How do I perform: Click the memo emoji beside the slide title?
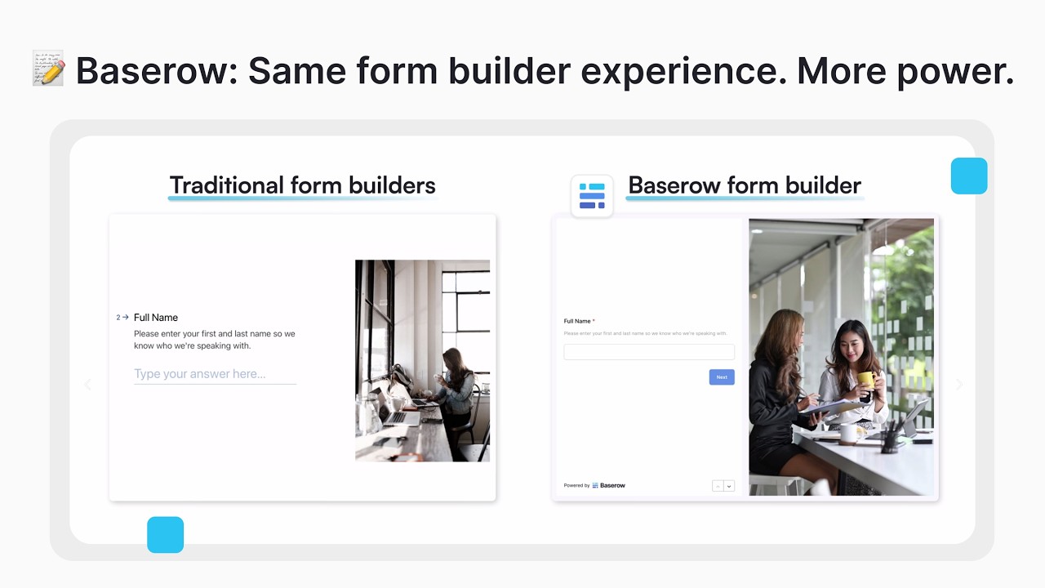pyautogui.click(x=48, y=69)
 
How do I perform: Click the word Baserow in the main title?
pyautogui.click(x=150, y=71)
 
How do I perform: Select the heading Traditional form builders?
pyautogui.click(x=302, y=185)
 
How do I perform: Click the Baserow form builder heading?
pyautogui.click(x=744, y=185)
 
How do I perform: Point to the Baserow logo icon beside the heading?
pyautogui.click(x=592, y=196)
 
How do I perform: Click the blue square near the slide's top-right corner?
pyautogui.click(x=969, y=176)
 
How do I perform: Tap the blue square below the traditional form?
pyautogui.click(x=165, y=535)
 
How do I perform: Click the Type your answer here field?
pyautogui.click(x=215, y=374)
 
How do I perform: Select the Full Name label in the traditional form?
pyautogui.click(x=156, y=318)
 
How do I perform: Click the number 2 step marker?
pyautogui.click(x=118, y=318)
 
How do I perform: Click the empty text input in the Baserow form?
pyautogui.click(x=649, y=352)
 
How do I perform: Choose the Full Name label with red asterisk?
pyautogui.click(x=579, y=321)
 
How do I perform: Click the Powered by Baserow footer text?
pyautogui.click(x=594, y=485)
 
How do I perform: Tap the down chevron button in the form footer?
pyautogui.click(x=729, y=486)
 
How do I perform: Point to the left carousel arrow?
pyautogui.click(x=88, y=385)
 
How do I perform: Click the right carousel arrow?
pyautogui.click(x=959, y=385)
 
